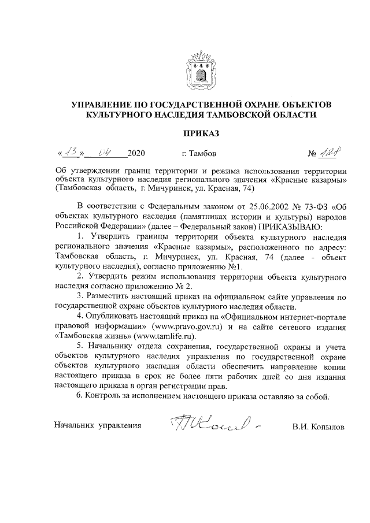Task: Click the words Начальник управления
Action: tap(98, 426)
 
